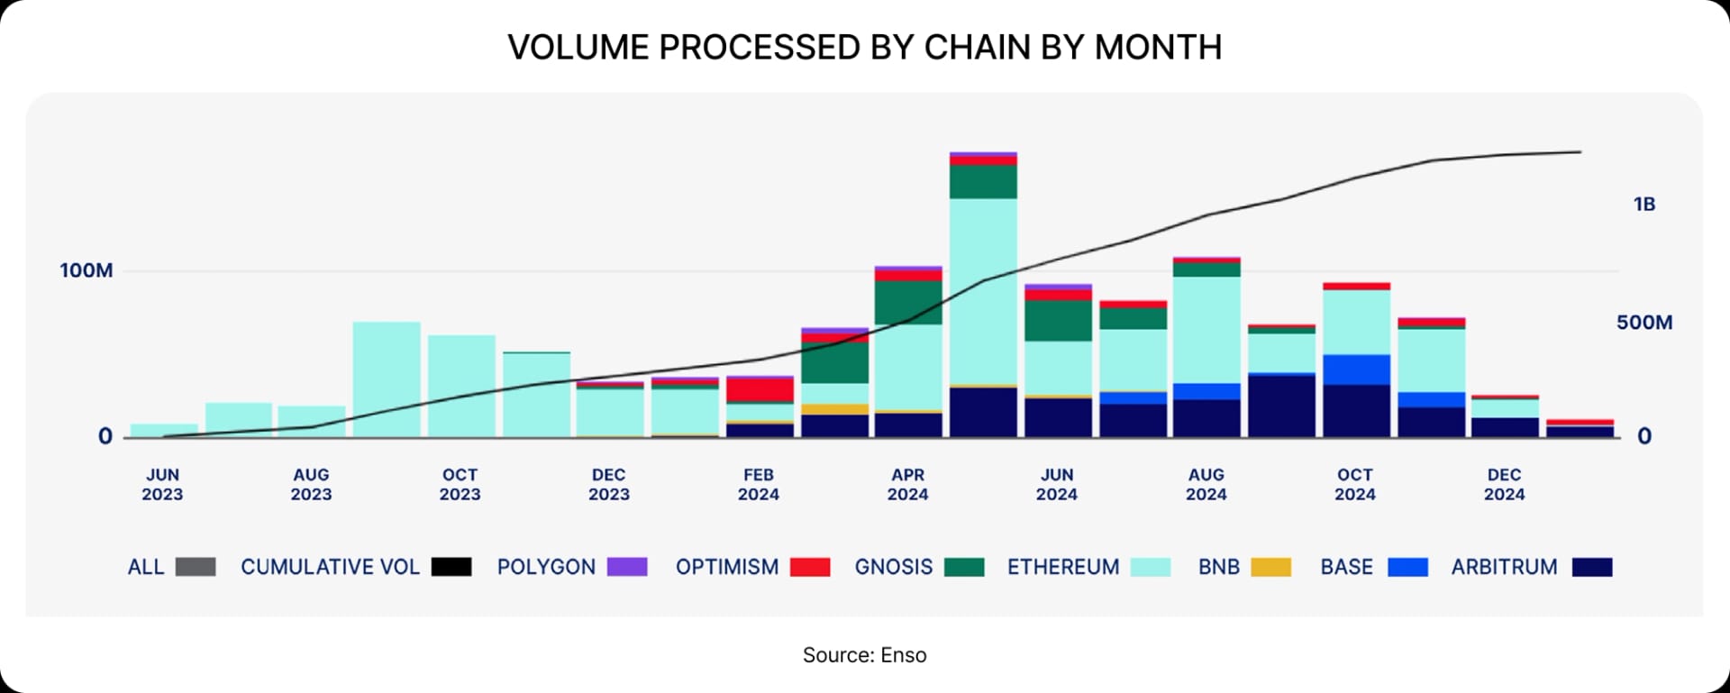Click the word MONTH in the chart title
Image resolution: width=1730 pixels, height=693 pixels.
click(1158, 47)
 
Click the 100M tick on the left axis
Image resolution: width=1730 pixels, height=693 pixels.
click(86, 270)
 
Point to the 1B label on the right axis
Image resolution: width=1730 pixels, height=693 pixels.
click(1643, 205)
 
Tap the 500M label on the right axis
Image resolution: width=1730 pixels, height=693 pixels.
click(1643, 323)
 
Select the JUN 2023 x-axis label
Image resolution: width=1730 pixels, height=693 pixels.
click(162, 484)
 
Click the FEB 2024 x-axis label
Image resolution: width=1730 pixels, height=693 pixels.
click(758, 484)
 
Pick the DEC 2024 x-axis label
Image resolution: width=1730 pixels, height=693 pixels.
click(1504, 484)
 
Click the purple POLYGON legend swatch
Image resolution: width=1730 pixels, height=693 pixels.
click(627, 567)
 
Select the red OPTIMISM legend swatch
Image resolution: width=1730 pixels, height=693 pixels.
click(809, 567)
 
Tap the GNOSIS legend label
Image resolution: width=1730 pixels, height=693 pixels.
click(893, 567)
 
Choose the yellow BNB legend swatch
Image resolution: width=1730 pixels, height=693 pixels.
click(1270, 567)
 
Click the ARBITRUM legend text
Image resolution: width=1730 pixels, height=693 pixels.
click(1503, 567)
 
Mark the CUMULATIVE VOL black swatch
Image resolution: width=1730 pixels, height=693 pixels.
click(451, 567)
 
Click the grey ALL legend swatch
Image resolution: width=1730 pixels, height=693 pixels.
click(196, 567)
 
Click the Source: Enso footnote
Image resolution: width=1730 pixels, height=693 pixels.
click(864, 655)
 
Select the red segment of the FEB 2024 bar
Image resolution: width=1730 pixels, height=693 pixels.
click(760, 389)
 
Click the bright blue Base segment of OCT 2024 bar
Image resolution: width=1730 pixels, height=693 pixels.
click(1356, 369)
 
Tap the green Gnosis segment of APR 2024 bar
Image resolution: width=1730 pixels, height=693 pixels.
click(908, 303)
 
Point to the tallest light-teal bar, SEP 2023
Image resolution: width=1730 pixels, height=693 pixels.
click(387, 378)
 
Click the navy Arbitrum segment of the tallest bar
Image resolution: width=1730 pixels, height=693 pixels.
click(983, 412)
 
